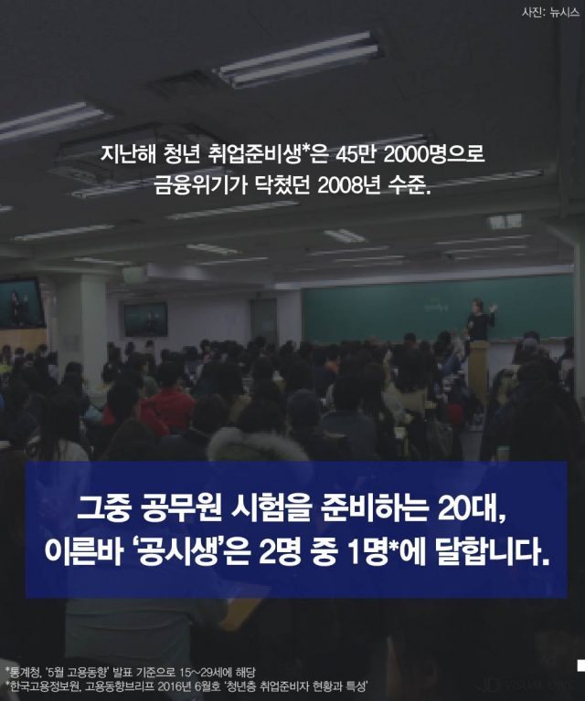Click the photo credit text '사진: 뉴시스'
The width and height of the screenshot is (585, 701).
[x=547, y=13]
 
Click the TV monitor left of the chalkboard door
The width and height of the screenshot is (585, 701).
[x=146, y=319]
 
